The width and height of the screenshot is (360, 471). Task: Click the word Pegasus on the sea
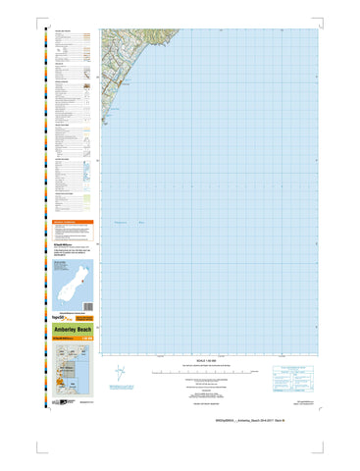(x=123, y=225)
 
